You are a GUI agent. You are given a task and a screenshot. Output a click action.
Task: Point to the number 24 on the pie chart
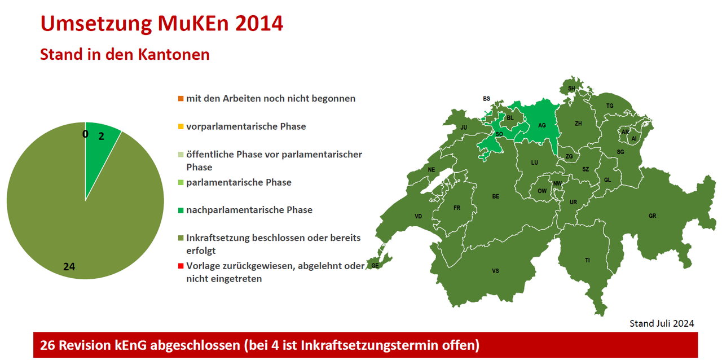(x=69, y=267)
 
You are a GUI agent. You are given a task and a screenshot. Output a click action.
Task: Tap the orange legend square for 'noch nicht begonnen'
(x=181, y=98)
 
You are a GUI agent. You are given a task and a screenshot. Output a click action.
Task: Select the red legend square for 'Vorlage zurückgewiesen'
(x=181, y=266)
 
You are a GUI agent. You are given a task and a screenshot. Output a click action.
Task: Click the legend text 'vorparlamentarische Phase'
(x=246, y=126)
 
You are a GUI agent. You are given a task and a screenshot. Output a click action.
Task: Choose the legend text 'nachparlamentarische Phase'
(x=249, y=210)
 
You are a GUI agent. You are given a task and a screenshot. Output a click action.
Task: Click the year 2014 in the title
(x=259, y=24)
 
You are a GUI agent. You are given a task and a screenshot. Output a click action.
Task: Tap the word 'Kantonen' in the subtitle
(x=174, y=54)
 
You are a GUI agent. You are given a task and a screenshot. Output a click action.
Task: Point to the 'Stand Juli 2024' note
(x=662, y=323)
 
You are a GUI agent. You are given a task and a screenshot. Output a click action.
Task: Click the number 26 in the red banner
(x=47, y=345)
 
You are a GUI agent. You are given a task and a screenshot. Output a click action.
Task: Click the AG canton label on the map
(x=542, y=125)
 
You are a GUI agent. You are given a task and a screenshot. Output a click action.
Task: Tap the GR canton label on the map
(x=653, y=216)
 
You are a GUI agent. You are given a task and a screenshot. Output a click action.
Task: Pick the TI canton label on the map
(x=587, y=260)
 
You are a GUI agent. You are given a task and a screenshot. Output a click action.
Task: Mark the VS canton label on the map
(x=495, y=271)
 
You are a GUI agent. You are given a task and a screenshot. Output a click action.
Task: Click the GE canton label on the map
(x=375, y=265)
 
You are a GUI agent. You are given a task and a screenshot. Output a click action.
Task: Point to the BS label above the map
(x=486, y=99)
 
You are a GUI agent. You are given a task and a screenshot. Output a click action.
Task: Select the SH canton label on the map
(x=571, y=89)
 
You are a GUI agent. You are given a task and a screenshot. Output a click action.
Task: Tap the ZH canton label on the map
(x=578, y=124)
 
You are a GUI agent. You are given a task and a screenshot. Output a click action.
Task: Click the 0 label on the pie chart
(x=85, y=134)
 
